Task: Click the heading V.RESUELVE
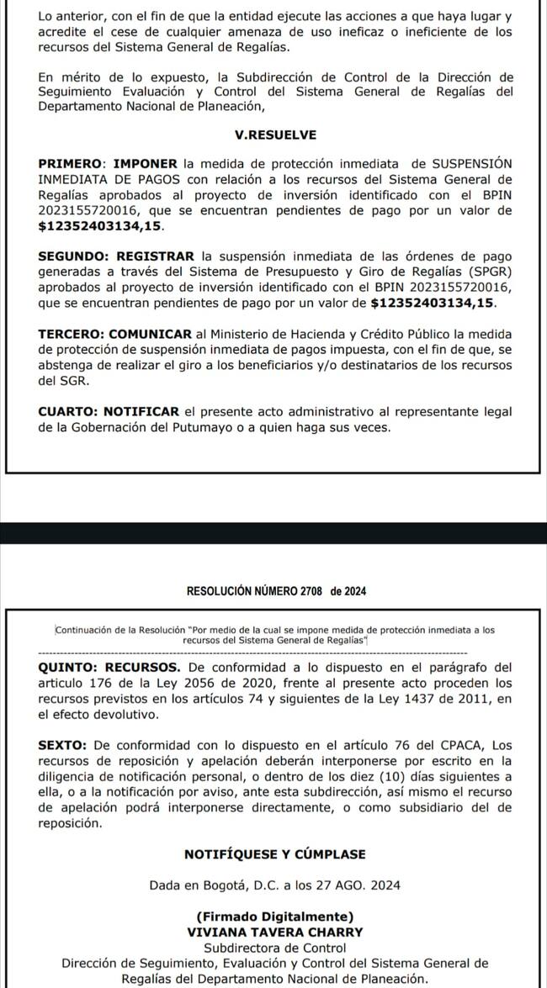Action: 275,134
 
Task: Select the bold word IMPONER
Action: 146,162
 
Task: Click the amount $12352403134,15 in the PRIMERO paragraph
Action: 100,227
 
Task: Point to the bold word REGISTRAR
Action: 154,256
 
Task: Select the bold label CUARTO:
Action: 66,410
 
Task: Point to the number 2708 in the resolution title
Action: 311,591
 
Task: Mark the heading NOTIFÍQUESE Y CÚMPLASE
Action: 275,854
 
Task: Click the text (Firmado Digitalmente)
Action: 275,916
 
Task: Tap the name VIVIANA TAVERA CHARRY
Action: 275,932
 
